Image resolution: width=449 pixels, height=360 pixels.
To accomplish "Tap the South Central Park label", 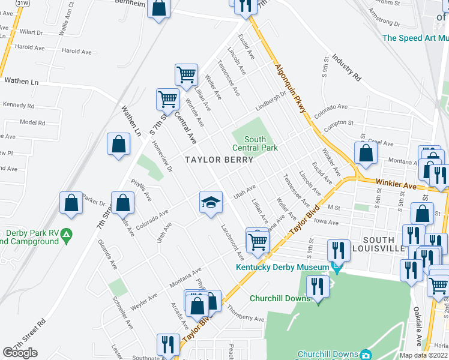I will click(255, 144).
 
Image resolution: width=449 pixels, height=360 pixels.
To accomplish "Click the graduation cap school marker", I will click(211, 202).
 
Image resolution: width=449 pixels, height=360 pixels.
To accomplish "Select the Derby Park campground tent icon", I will click(67, 233).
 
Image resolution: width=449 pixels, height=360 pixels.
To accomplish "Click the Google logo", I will click(20, 353).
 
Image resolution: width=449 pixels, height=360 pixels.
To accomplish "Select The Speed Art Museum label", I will click(415, 37).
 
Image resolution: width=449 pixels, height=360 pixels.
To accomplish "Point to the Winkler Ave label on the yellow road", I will click(396, 184).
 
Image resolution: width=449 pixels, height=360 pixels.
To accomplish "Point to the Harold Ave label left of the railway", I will click(30, 47).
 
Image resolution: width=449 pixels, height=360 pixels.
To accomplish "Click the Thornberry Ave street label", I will click(246, 314).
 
